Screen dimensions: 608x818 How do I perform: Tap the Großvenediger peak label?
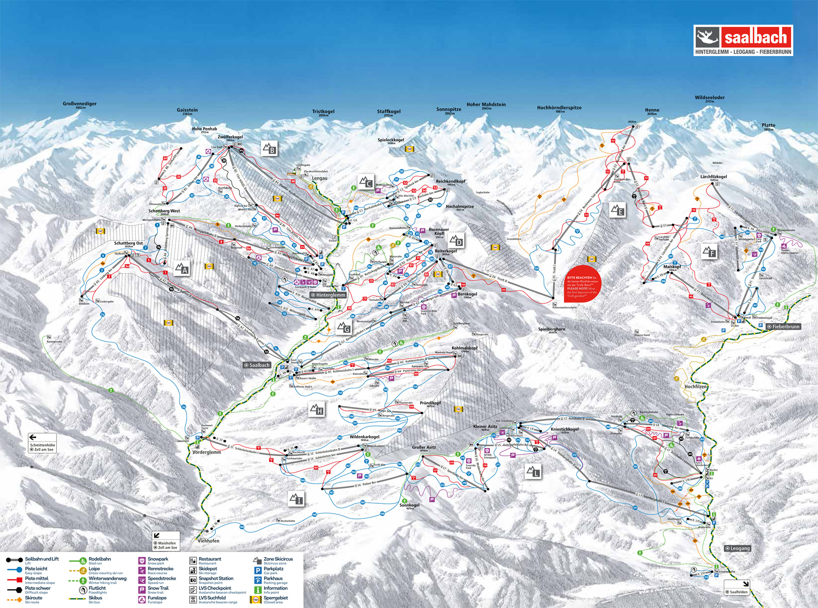80,104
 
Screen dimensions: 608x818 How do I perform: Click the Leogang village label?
737,548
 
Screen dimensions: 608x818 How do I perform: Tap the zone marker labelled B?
269,149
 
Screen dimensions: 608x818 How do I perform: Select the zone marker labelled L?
533,472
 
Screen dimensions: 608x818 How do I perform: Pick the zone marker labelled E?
617,210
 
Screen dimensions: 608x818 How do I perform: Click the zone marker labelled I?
296,499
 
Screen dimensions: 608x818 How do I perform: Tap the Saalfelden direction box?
736,587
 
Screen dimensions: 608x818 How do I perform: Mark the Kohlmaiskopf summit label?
464,349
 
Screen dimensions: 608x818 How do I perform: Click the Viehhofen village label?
209,541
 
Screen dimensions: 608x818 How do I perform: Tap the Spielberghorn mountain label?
552,330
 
